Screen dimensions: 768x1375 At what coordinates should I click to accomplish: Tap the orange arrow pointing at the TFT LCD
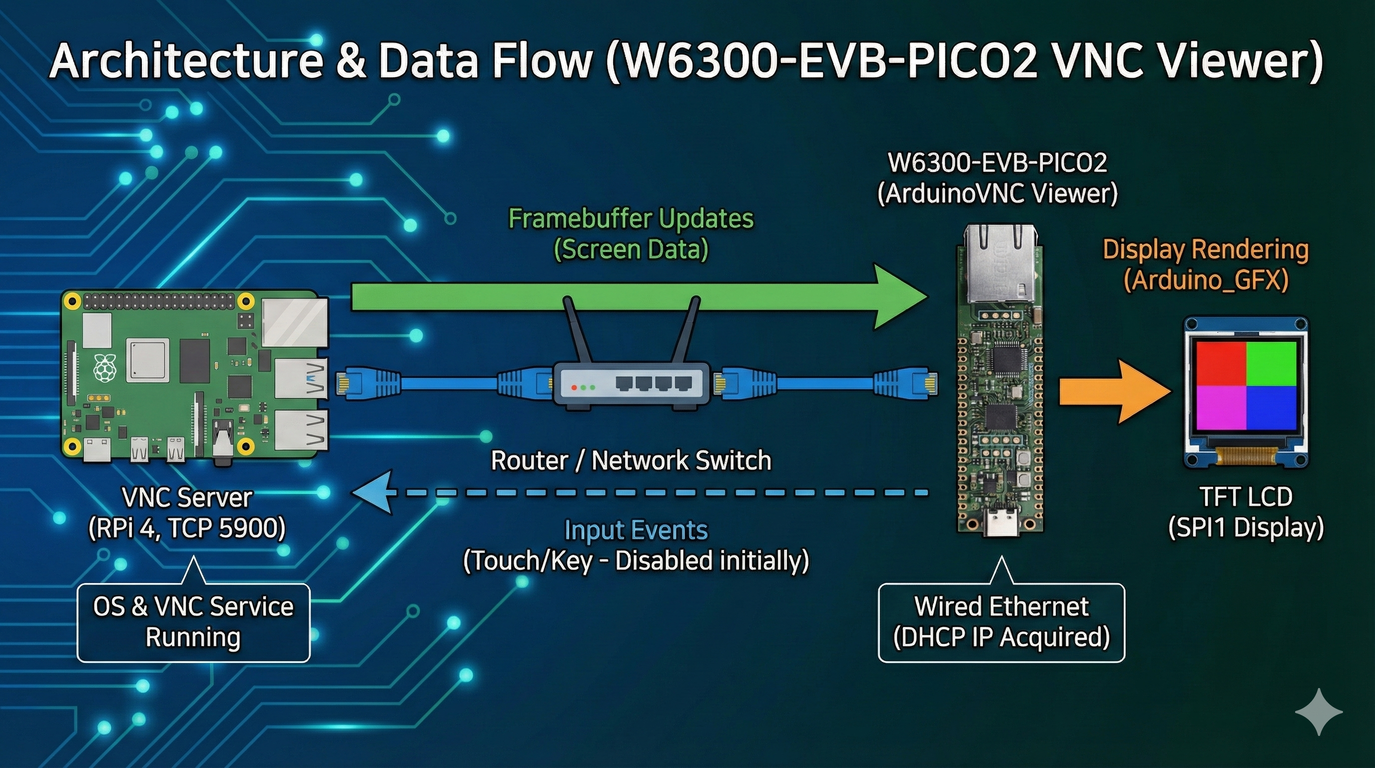click(x=1110, y=391)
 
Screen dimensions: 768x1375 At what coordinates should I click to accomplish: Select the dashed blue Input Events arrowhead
click(x=374, y=492)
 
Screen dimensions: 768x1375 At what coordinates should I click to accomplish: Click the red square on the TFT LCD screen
click(x=1220, y=363)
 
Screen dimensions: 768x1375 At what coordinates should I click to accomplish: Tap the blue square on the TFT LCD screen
click(x=1271, y=407)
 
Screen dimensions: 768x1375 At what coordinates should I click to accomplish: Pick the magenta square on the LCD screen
click(x=1220, y=407)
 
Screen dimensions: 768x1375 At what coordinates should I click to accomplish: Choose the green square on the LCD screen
click(x=1271, y=363)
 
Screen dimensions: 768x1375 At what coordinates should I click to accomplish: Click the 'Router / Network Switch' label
click(x=631, y=460)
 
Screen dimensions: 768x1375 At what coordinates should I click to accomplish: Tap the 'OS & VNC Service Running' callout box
click(x=193, y=622)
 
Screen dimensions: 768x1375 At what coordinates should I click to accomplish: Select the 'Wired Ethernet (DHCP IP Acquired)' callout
click(x=1001, y=622)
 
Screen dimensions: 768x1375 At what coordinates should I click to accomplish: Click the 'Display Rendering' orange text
click(x=1206, y=249)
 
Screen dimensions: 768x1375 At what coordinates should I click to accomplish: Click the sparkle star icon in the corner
click(x=1319, y=712)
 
